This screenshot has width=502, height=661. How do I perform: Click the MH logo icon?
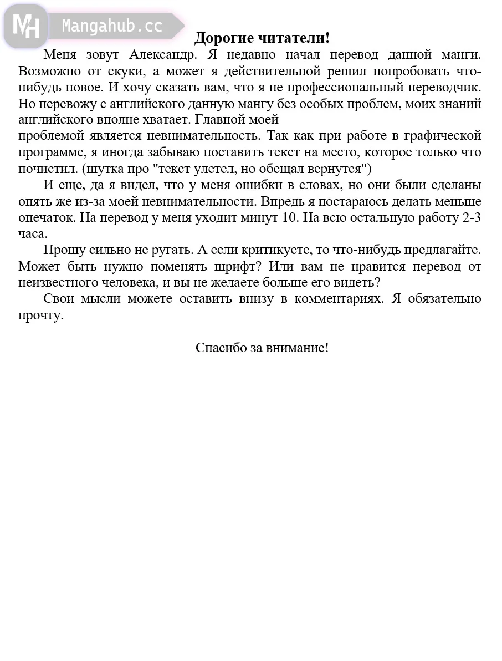[x=25, y=26]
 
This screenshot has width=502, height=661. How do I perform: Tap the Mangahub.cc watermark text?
[x=112, y=26]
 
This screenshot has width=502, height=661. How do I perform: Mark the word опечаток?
[x=47, y=217]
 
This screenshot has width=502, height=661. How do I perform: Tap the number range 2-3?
[x=471, y=217]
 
